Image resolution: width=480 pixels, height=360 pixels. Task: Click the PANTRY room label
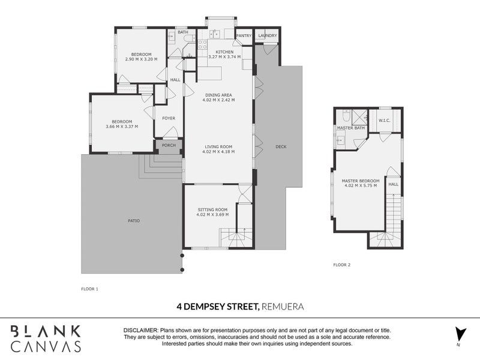tap(244, 36)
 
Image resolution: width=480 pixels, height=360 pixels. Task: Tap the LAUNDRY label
tap(267, 36)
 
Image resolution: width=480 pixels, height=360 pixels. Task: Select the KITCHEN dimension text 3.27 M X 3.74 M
tap(224, 57)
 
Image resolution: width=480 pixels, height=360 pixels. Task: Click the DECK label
tap(281, 146)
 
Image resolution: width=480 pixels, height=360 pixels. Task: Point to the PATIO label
tap(134, 221)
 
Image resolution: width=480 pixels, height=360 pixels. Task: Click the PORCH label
tap(169, 145)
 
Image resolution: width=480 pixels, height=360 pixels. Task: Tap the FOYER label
tap(169, 118)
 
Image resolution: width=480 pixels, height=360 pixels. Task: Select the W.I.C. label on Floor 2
tap(385, 121)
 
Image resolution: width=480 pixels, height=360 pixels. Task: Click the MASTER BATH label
tap(351, 128)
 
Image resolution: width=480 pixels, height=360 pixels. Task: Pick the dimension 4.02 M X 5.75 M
tap(361, 185)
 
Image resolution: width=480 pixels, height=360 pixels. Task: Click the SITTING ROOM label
tap(212, 209)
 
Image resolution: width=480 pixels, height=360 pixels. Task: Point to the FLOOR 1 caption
tap(89, 289)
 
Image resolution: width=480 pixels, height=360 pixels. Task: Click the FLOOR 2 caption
tap(341, 265)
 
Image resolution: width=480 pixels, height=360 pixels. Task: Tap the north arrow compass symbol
tap(460, 334)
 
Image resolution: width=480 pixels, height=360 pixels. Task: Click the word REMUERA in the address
tap(283, 307)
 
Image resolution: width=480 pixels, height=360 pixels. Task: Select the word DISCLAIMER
tap(141, 331)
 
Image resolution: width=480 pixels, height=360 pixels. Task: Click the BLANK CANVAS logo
tap(46, 338)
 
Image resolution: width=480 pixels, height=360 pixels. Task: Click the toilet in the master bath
tap(346, 116)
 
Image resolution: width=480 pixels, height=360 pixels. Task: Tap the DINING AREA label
tap(218, 95)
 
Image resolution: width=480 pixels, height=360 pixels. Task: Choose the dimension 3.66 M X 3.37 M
tap(122, 127)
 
